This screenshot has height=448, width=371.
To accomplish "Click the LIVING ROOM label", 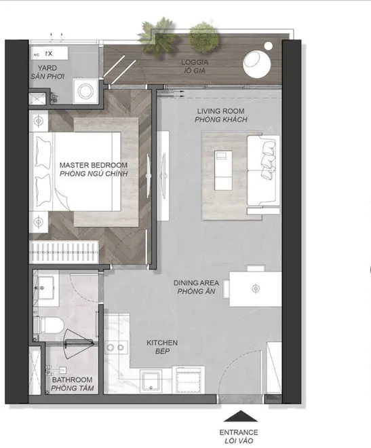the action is (x=220, y=111).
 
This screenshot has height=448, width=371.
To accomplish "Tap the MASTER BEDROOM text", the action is (x=94, y=165).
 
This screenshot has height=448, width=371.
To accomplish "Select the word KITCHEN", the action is (x=162, y=343).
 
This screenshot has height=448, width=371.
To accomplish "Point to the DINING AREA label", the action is (x=196, y=283).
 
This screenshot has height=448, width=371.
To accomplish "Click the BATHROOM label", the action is (x=72, y=379).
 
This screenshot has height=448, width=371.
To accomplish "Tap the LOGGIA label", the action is (x=195, y=62).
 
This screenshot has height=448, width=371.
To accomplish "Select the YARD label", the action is (x=47, y=68).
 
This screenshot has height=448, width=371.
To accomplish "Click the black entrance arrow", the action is (x=241, y=416).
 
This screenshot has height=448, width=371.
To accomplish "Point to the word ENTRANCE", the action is (x=239, y=432).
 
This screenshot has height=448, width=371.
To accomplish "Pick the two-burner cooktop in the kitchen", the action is (x=115, y=348).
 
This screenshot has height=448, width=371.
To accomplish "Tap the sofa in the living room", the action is (x=263, y=170).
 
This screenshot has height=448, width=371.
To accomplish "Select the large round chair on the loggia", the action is (x=256, y=64).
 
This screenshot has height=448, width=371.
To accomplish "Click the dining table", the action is (x=256, y=289).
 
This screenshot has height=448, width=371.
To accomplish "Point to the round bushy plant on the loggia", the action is (x=203, y=37).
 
